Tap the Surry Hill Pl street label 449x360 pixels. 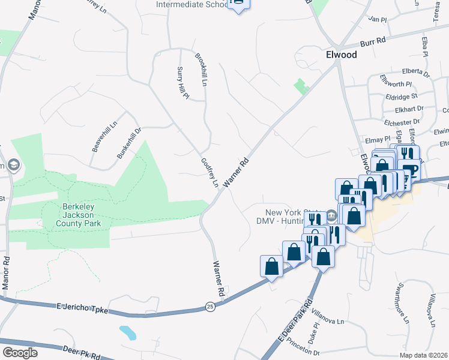point(182,83)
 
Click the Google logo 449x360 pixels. point(19,353)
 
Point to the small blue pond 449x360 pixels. point(127,332)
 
